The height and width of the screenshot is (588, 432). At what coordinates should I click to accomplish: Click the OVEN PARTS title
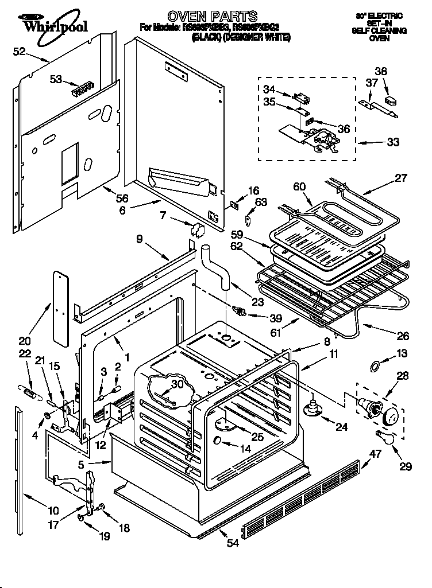(212, 16)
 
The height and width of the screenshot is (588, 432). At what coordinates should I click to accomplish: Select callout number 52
(19, 51)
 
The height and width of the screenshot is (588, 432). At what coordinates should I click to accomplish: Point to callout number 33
(394, 142)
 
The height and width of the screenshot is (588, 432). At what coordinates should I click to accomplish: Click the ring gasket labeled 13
(374, 364)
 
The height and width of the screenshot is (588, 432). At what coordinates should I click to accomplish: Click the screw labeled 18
(101, 507)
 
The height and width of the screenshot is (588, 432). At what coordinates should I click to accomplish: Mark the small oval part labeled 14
(219, 441)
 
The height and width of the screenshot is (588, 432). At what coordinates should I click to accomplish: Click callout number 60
(299, 186)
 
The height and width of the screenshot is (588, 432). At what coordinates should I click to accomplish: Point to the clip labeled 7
(197, 230)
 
